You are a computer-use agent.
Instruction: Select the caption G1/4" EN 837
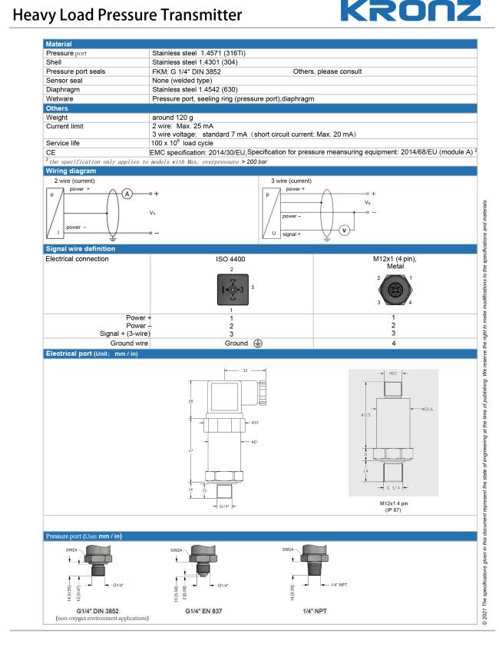(x=201, y=610)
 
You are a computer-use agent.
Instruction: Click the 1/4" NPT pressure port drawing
(x=310, y=567)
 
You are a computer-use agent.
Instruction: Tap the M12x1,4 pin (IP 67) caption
(x=392, y=506)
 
